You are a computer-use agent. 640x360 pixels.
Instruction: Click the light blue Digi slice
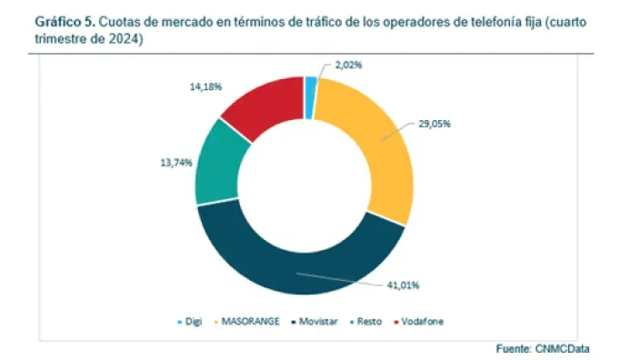310,85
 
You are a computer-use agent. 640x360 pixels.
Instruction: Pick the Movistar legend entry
318,322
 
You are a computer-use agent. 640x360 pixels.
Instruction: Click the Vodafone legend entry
418,322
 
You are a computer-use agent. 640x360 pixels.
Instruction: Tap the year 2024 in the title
129,40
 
